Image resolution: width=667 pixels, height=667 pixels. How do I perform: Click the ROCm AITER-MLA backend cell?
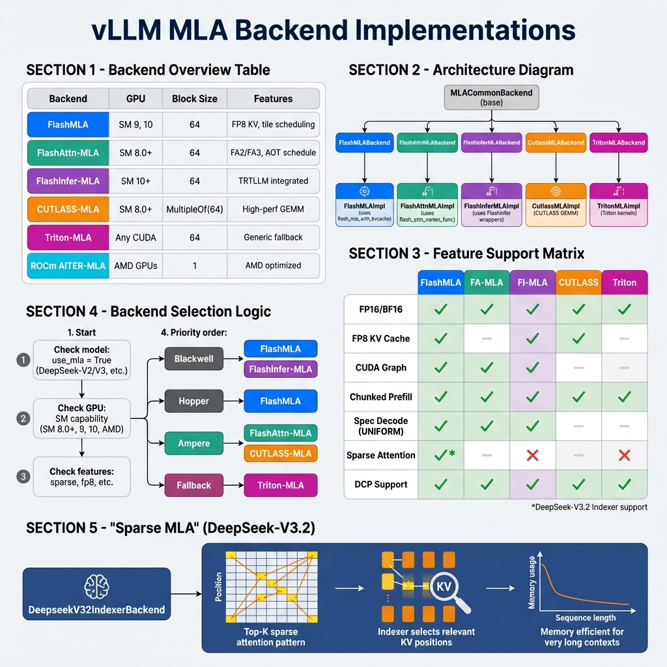68,266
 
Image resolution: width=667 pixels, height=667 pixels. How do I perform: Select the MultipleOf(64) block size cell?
194,209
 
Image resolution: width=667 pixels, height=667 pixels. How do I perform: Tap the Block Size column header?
194,99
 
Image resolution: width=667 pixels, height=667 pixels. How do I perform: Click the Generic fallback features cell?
273,237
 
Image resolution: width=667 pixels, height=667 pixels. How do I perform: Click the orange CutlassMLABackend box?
554,143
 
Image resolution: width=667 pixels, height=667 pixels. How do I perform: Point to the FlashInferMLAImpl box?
491,205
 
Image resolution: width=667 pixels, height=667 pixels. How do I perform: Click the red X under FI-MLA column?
532,455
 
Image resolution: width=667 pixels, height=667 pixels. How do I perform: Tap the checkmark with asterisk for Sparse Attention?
444,455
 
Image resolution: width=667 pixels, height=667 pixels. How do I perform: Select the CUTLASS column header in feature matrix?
578,282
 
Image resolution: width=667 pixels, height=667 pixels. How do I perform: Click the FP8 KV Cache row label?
380,338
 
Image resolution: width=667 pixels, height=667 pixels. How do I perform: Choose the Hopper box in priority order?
193,401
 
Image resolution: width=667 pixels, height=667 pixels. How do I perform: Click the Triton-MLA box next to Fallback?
281,485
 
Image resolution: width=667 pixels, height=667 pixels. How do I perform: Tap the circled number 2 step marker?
23,418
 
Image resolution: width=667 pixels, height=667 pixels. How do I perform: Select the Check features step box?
81,477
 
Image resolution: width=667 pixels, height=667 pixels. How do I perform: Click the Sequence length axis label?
585,617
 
